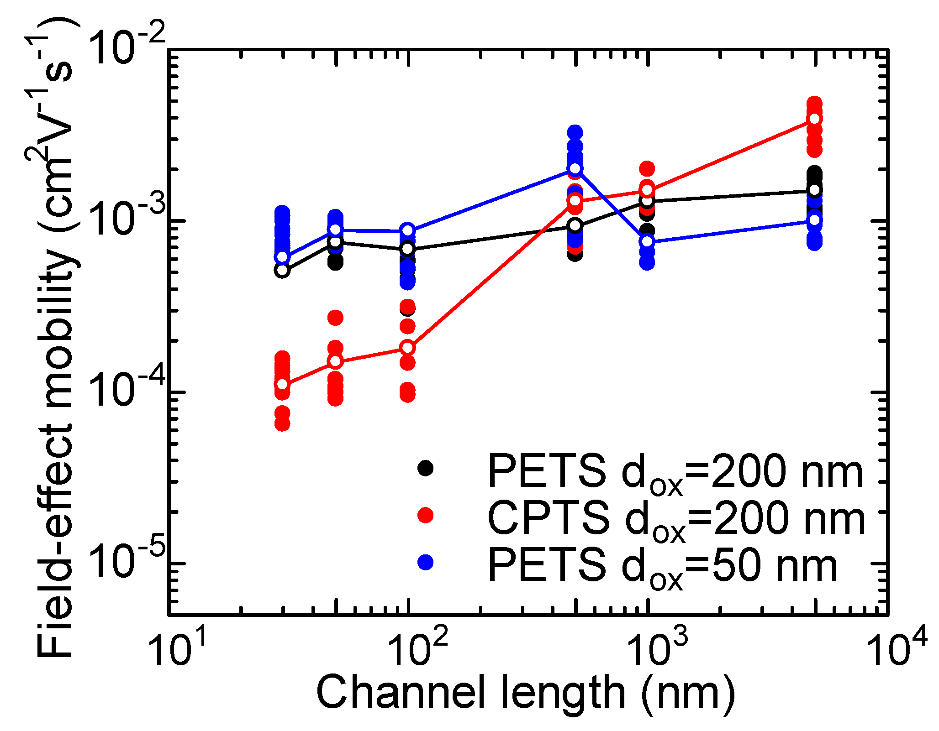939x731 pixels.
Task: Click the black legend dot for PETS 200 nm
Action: pyautogui.click(x=425, y=468)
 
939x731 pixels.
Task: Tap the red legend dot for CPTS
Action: pyautogui.click(x=425, y=515)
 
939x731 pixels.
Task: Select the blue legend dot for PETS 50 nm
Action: pyautogui.click(x=425, y=562)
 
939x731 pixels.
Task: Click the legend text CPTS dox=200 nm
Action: pyautogui.click(x=676, y=518)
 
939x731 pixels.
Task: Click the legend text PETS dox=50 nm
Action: pyautogui.click(x=662, y=566)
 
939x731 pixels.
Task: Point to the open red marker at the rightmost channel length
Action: pyautogui.click(x=814, y=119)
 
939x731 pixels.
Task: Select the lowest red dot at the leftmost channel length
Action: pyautogui.click(x=282, y=424)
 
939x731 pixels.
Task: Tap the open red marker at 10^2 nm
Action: pyautogui.click(x=408, y=348)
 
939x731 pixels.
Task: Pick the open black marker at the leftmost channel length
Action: pyautogui.click(x=282, y=270)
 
